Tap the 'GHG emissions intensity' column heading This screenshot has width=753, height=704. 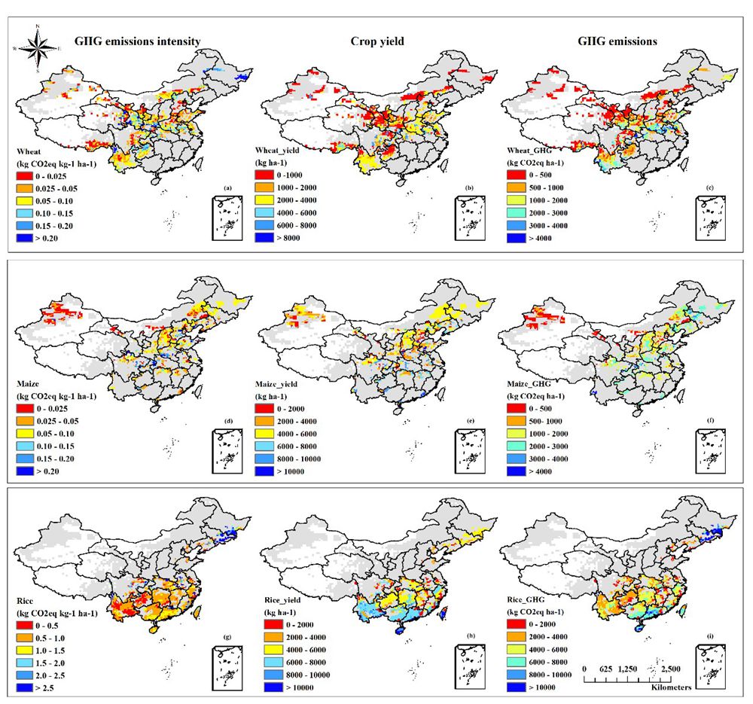pyautogui.click(x=136, y=41)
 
